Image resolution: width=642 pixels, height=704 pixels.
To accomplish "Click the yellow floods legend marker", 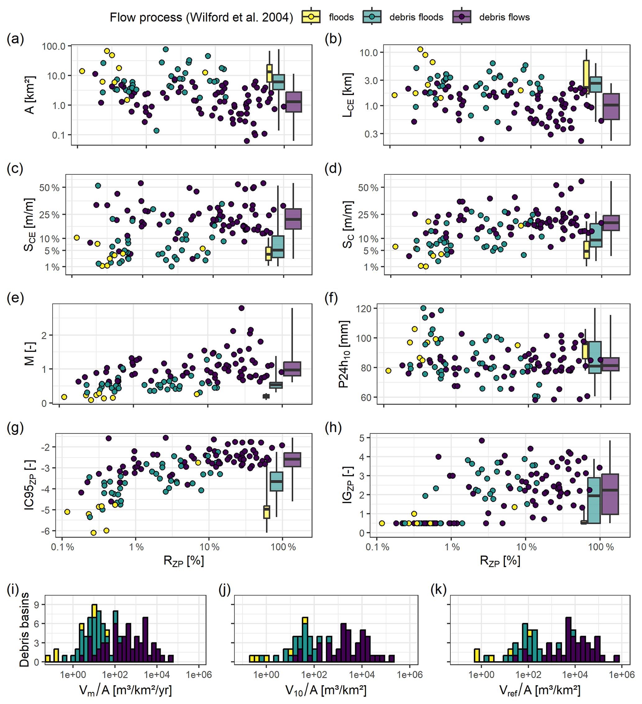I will [311, 17].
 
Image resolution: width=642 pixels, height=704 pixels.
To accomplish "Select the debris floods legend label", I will [416, 17].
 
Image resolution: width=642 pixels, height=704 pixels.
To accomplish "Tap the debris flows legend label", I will [504, 17].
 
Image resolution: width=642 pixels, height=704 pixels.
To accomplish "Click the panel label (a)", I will [16, 39].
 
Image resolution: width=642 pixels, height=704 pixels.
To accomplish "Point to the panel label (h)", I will [333, 427].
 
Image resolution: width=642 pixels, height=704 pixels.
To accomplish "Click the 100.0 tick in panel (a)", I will [54, 46].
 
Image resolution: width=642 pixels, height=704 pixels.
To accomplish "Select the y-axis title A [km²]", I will [30, 95].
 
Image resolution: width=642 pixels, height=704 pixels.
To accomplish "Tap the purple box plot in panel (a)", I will [294, 102].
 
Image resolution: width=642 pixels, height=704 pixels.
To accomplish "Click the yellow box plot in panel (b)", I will [586, 77].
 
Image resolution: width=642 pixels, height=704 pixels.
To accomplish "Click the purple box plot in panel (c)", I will [293, 219].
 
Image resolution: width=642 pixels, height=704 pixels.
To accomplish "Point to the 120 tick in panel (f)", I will [364, 309].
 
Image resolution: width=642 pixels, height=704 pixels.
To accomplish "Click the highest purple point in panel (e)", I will [241, 308].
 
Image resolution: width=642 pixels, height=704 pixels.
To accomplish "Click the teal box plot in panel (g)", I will [276, 481].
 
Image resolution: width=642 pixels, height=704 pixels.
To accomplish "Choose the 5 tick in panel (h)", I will [371, 438].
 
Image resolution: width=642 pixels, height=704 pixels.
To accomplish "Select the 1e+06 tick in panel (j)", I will [410, 675].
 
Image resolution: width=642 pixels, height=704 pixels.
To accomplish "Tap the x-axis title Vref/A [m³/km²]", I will [540, 690].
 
